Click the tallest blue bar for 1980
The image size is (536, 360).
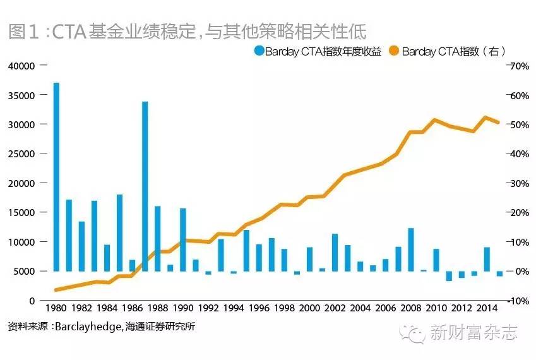(56, 177)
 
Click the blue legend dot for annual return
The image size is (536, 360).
(259, 51)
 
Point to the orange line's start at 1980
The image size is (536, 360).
(56, 290)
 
